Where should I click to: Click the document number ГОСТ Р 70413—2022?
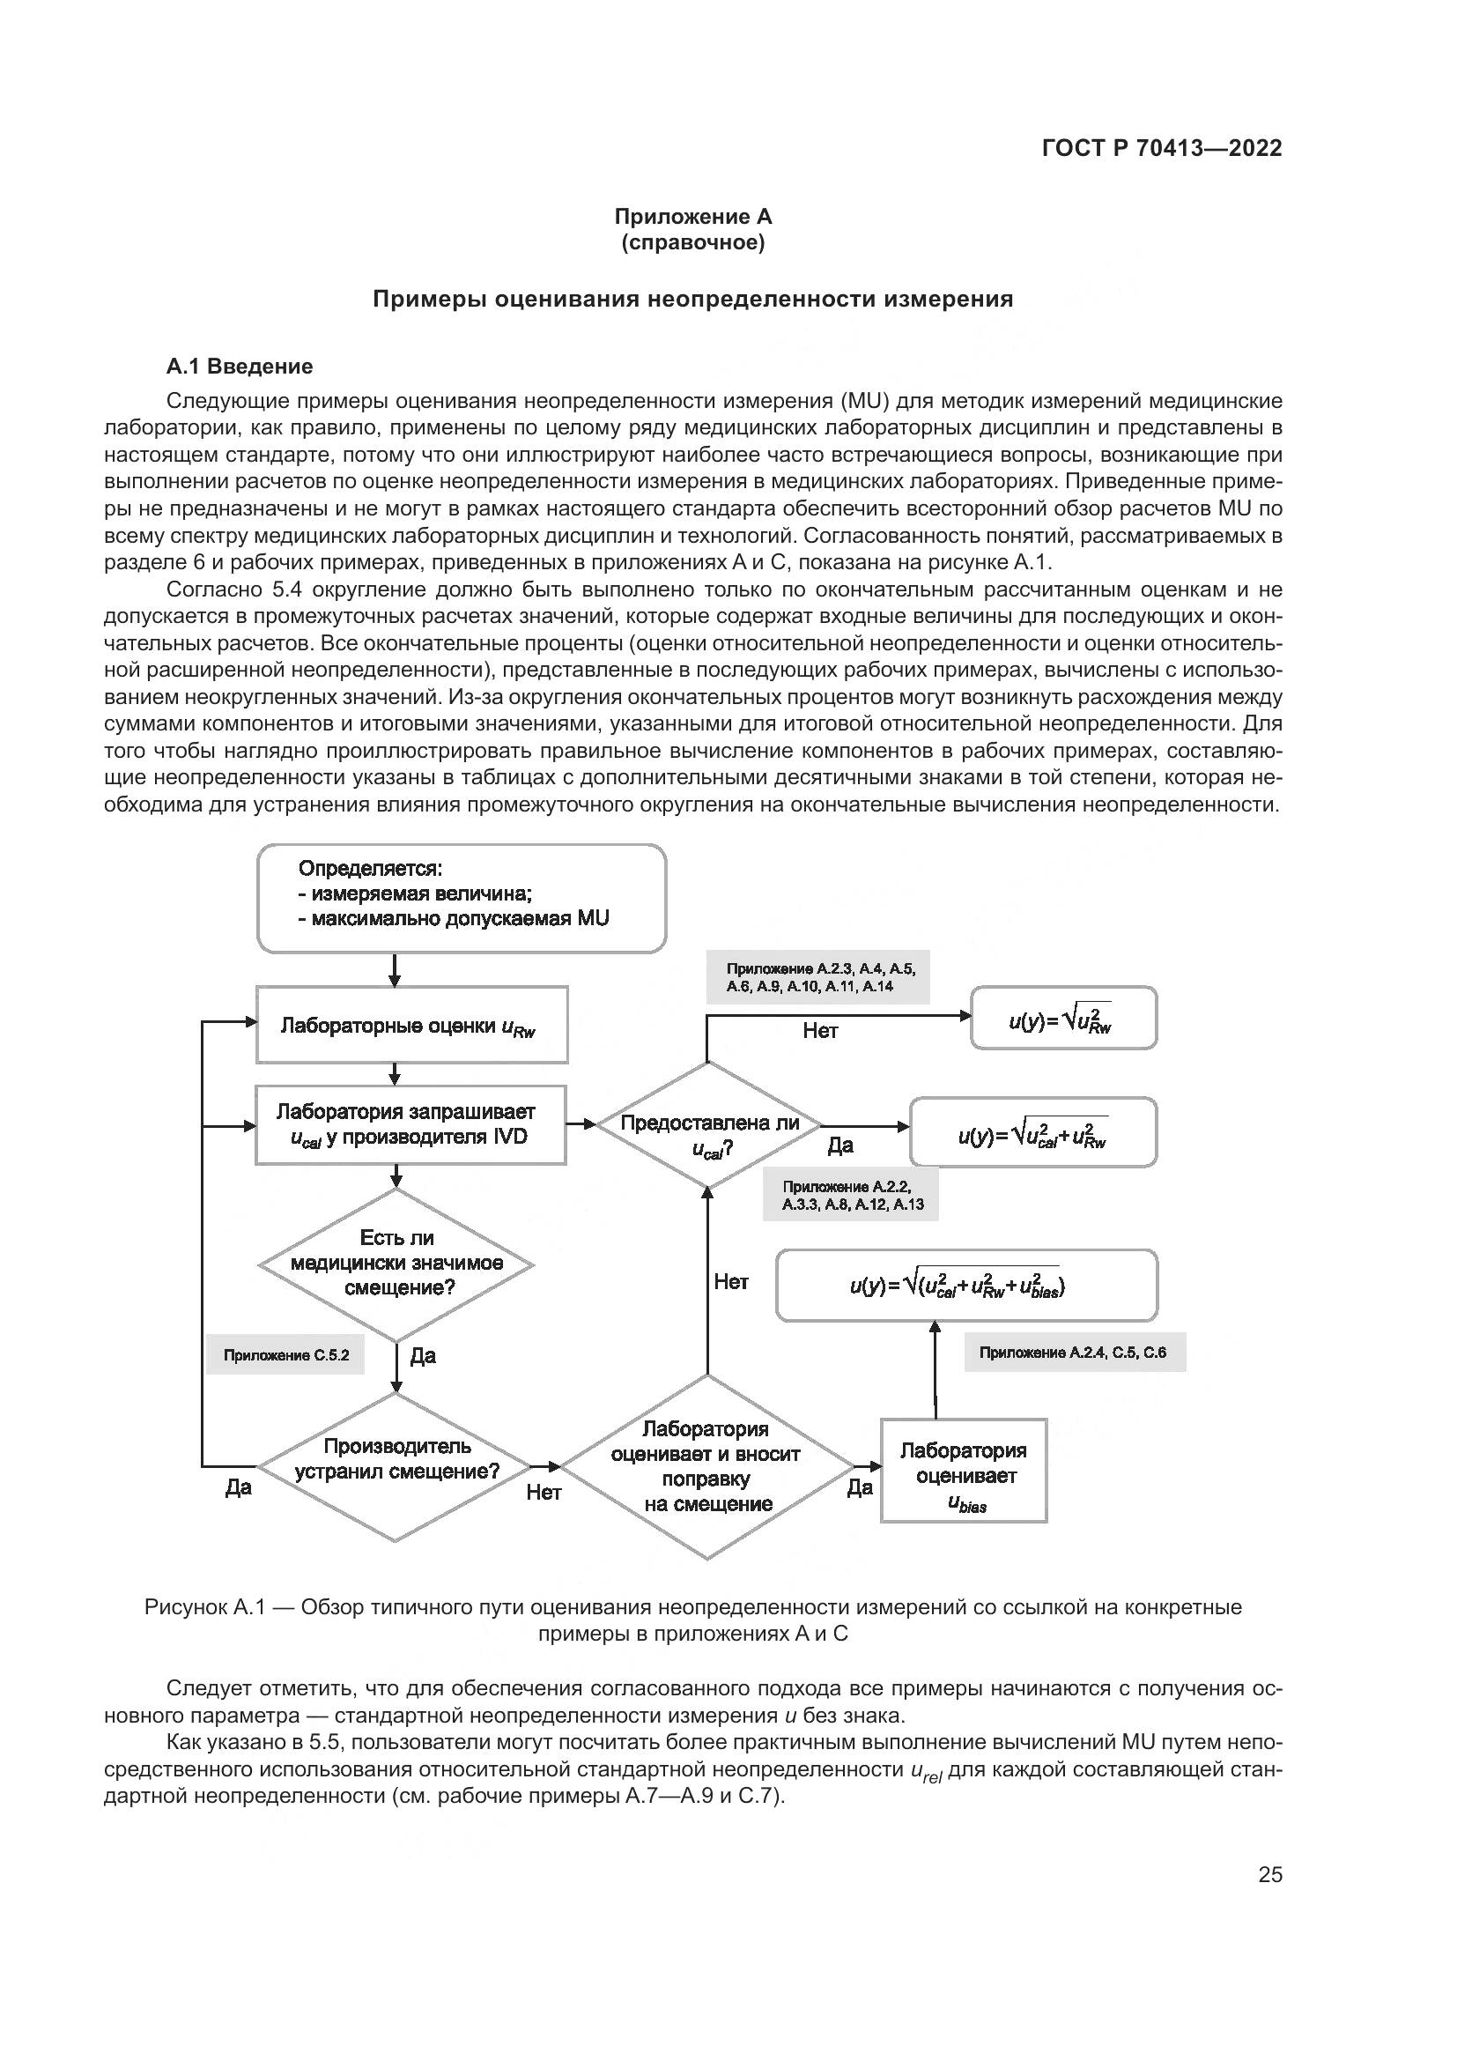(1162, 148)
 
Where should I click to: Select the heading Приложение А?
(692, 217)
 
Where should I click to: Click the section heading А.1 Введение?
(240, 367)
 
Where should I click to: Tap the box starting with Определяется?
(461, 898)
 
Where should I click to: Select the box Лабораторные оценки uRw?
(411, 1025)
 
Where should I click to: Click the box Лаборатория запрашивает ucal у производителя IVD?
(410, 1124)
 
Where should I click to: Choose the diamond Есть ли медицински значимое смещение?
(396, 1264)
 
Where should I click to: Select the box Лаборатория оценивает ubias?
(964, 1470)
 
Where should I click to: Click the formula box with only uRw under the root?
(1063, 1018)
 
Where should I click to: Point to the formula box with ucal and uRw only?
(1032, 1132)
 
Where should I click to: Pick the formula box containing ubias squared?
(966, 1286)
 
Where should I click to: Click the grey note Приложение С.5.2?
(286, 1355)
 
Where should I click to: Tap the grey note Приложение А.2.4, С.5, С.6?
(1074, 1353)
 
